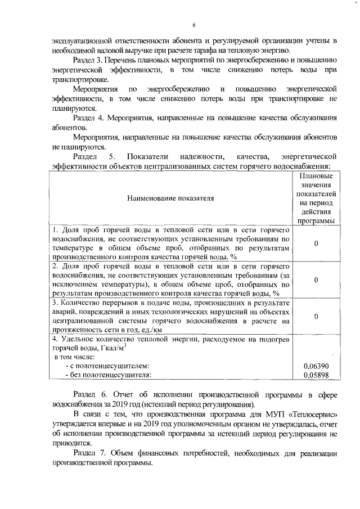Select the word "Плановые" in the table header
316,175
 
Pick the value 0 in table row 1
316,244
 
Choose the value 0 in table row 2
316,280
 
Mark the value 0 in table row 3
316,317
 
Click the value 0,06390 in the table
316,366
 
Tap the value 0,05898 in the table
316,375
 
